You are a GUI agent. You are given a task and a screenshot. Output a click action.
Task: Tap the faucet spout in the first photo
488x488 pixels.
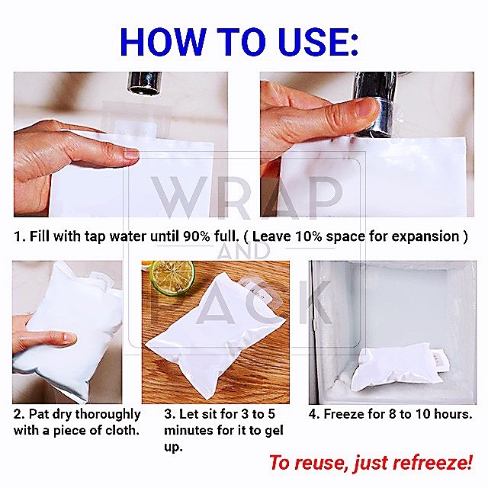144,83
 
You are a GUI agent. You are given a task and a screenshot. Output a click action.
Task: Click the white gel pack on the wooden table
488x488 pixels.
217,335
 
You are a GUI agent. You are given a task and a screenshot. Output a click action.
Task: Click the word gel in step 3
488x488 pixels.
274,432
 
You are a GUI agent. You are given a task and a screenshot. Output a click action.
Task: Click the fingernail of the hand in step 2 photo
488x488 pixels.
69,337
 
